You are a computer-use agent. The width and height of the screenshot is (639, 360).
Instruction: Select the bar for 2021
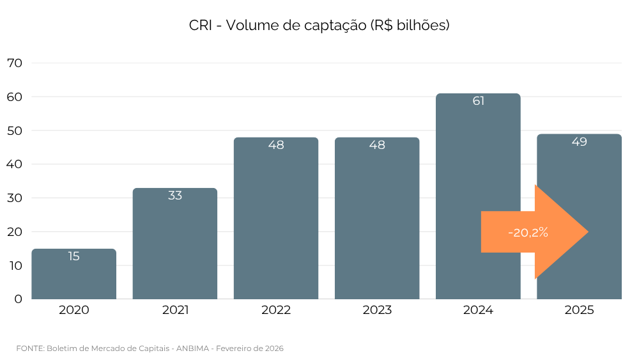(174, 249)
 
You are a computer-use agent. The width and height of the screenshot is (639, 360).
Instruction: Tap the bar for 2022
(276, 224)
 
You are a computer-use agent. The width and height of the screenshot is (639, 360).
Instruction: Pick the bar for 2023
(377, 224)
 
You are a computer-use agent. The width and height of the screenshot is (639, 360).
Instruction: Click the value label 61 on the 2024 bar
(478, 101)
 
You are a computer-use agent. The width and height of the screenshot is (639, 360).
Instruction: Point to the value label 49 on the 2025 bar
(579, 142)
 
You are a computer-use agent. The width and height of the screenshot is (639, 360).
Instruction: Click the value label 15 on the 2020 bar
(73, 256)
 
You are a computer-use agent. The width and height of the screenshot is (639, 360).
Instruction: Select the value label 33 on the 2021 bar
(174, 196)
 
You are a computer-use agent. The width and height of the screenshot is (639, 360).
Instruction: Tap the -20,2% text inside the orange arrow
(528, 233)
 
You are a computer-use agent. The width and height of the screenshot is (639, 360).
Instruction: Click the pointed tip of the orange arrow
(587, 232)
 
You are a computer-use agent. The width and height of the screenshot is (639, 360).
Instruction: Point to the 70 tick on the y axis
(14, 63)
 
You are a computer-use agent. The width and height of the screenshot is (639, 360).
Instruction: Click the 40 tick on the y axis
(14, 164)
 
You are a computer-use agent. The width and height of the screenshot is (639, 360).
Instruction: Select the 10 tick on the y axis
(14, 265)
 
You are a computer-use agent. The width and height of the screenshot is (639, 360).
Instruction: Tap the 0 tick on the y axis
(18, 299)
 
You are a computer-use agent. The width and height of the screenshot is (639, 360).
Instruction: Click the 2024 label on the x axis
(478, 311)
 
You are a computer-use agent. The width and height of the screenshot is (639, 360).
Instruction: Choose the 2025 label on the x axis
(579, 311)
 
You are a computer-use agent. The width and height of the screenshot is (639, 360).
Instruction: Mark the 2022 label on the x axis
(276, 311)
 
